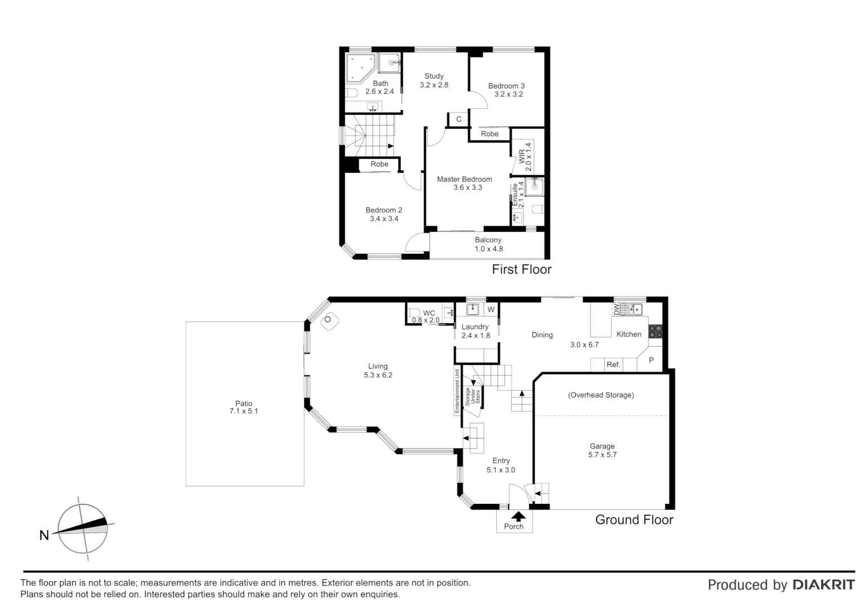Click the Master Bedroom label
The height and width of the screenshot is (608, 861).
tap(464, 179)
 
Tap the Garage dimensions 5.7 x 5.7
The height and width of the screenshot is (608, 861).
tap(602, 455)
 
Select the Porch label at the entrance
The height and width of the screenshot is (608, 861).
tap(513, 526)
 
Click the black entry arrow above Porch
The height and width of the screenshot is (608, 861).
tap(518, 515)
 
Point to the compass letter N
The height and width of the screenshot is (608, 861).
tap(44, 535)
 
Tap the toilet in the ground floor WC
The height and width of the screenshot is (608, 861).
tap(413, 313)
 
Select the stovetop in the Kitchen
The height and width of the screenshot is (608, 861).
tap(655, 332)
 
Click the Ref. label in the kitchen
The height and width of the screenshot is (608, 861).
tap(613, 365)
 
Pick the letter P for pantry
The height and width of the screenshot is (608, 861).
tap(651, 360)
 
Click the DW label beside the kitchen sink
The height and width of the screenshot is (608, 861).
tap(616, 309)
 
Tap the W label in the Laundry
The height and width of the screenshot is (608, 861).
tap(491, 310)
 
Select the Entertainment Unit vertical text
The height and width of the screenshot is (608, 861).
tap(458, 391)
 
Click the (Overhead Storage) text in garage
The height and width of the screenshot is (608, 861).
tap(601, 395)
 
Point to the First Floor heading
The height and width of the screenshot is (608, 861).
tap(521, 270)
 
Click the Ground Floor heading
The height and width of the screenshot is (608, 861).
tap(634, 520)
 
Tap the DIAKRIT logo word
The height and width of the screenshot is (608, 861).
tap(823, 585)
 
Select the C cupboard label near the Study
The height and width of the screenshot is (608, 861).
tap(459, 119)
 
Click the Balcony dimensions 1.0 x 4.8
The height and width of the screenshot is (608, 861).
tap(488, 249)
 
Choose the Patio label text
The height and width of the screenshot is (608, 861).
tap(243, 403)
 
